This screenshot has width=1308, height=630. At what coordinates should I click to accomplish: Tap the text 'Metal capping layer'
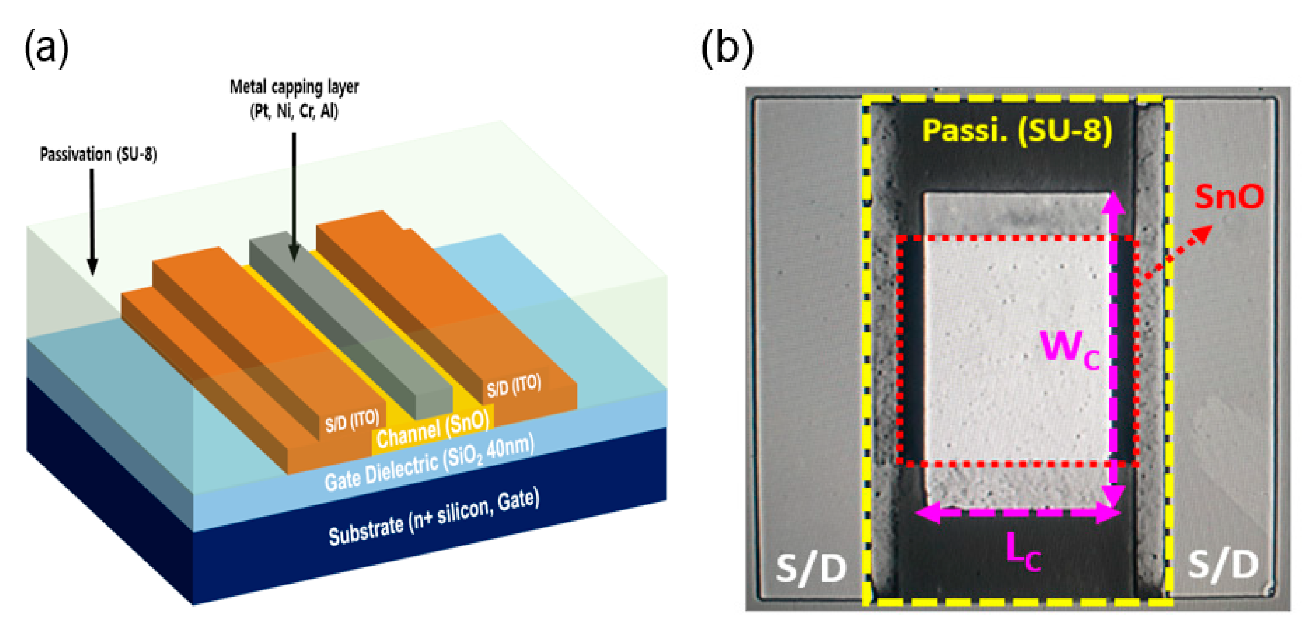[294, 87]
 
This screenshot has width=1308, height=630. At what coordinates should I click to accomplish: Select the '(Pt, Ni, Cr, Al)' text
[294, 111]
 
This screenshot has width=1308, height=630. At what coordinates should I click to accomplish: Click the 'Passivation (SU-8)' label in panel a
[98, 154]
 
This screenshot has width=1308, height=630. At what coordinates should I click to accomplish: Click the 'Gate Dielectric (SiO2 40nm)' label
[429, 463]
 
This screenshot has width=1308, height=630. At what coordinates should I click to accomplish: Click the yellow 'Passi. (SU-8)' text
[1017, 130]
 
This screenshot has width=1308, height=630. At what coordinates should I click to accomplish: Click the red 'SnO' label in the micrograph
[1229, 197]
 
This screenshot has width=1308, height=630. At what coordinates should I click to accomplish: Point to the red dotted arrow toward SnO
[1175, 254]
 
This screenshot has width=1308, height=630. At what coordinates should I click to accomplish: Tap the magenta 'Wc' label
[1069, 350]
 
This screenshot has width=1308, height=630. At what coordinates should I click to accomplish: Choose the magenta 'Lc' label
[1023, 554]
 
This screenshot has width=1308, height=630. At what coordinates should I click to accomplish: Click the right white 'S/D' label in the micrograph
[1223, 564]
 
